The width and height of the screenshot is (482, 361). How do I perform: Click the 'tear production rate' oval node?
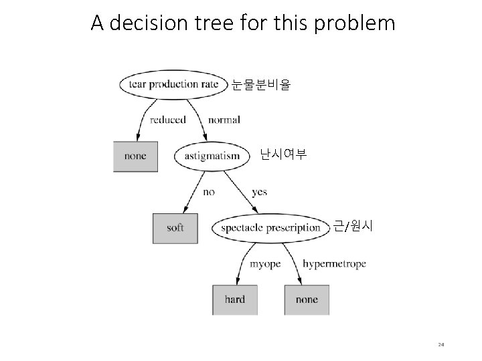coord(173,85)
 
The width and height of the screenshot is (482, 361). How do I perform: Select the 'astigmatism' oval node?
coord(212,156)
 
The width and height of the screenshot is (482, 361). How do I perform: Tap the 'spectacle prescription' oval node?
coord(270,228)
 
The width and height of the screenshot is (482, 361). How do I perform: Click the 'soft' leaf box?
coord(175,228)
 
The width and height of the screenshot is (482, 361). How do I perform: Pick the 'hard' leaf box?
coord(235,299)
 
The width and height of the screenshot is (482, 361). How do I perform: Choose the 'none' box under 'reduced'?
coord(135,156)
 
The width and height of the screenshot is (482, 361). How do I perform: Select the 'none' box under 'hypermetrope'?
coord(307,299)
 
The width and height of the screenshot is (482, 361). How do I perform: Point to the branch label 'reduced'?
coord(167,120)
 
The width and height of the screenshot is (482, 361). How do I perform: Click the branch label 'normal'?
coord(224,120)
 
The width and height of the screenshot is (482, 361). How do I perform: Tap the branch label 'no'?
coord(209,192)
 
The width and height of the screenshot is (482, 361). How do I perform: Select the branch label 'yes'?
coord(259,192)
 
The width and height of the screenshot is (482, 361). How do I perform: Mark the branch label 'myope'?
coord(265,263)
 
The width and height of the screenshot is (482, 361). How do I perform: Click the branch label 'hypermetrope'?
coord(334,263)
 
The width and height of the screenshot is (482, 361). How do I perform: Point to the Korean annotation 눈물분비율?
coord(260,85)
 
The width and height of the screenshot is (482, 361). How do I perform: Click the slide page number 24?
coord(441,345)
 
